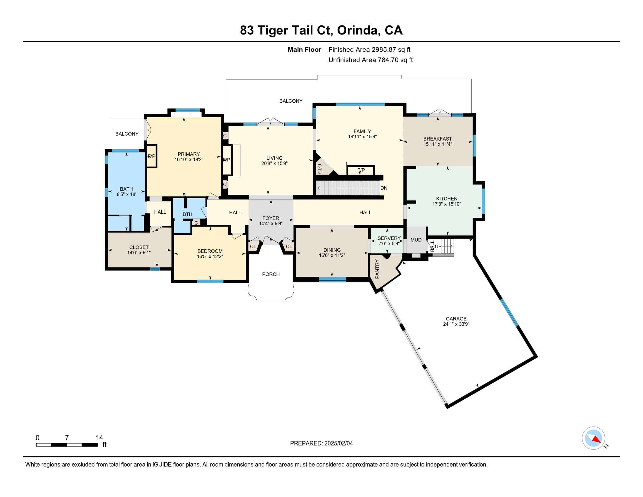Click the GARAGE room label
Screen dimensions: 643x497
point(456,319)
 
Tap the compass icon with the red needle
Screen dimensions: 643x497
point(593,438)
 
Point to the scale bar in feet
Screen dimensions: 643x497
point(67,445)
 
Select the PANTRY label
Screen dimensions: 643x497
point(377,269)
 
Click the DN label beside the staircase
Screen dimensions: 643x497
point(384,188)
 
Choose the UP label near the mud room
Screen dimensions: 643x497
point(438,246)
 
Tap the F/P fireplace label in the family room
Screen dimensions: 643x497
point(361,170)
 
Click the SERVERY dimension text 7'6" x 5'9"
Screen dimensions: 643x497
point(389,244)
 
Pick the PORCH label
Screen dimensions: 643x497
point(271,274)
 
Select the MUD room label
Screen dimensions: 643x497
point(416,240)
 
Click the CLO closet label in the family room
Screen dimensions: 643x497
point(320,169)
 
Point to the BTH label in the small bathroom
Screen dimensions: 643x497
point(188,214)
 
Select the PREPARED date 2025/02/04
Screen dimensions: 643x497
point(338,443)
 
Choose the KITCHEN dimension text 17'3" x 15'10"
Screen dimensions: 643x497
point(447,204)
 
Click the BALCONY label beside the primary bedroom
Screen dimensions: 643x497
point(127,134)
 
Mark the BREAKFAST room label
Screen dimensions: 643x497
point(438,139)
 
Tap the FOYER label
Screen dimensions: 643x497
point(271,218)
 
